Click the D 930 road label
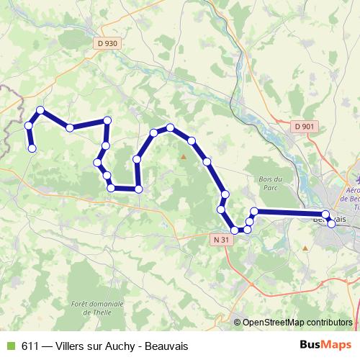coord(106,43)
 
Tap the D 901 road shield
coord(305,127)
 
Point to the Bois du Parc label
coord(271,183)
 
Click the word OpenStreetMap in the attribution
coord(274,323)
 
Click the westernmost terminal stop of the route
coord(32,148)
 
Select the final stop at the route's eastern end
coord(331,223)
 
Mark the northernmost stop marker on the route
coord(41,110)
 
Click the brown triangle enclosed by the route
coord(184,156)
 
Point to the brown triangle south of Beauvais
coord(305,248)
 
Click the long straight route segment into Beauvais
coord(288,212)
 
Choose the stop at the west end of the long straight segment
coord(254,211)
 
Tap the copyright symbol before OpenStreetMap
coord(237,323)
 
